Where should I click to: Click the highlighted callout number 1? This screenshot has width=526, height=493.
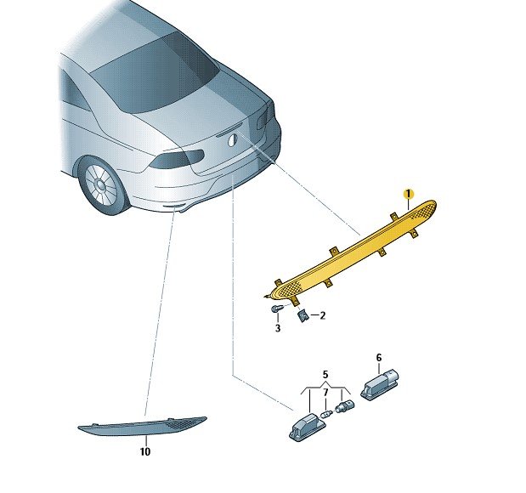(408, 194)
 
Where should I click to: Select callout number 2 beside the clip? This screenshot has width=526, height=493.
(322, 315)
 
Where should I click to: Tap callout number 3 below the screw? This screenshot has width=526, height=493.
(278, 328)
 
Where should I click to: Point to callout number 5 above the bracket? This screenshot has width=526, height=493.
(325, 374)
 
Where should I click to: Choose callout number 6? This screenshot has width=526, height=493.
(379, 358)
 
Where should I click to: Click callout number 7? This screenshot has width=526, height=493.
(325, 392)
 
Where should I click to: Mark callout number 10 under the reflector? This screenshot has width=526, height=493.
(145, 451)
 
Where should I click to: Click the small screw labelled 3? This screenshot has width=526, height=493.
(276, 308)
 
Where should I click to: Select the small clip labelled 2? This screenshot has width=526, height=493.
(303, 315)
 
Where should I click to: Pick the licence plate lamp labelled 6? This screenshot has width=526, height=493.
(379, 384)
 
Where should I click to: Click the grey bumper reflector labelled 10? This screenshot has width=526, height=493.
(142, 426)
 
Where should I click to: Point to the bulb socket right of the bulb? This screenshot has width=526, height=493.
(345, 406)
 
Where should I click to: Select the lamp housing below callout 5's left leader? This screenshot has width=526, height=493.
(307, 427)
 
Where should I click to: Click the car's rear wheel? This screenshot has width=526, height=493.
(103, 184)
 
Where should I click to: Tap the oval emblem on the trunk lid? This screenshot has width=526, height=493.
(233, 139)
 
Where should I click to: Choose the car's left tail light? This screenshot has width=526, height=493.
(177, 158)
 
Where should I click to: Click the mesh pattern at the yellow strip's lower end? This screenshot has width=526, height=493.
(288, 289)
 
